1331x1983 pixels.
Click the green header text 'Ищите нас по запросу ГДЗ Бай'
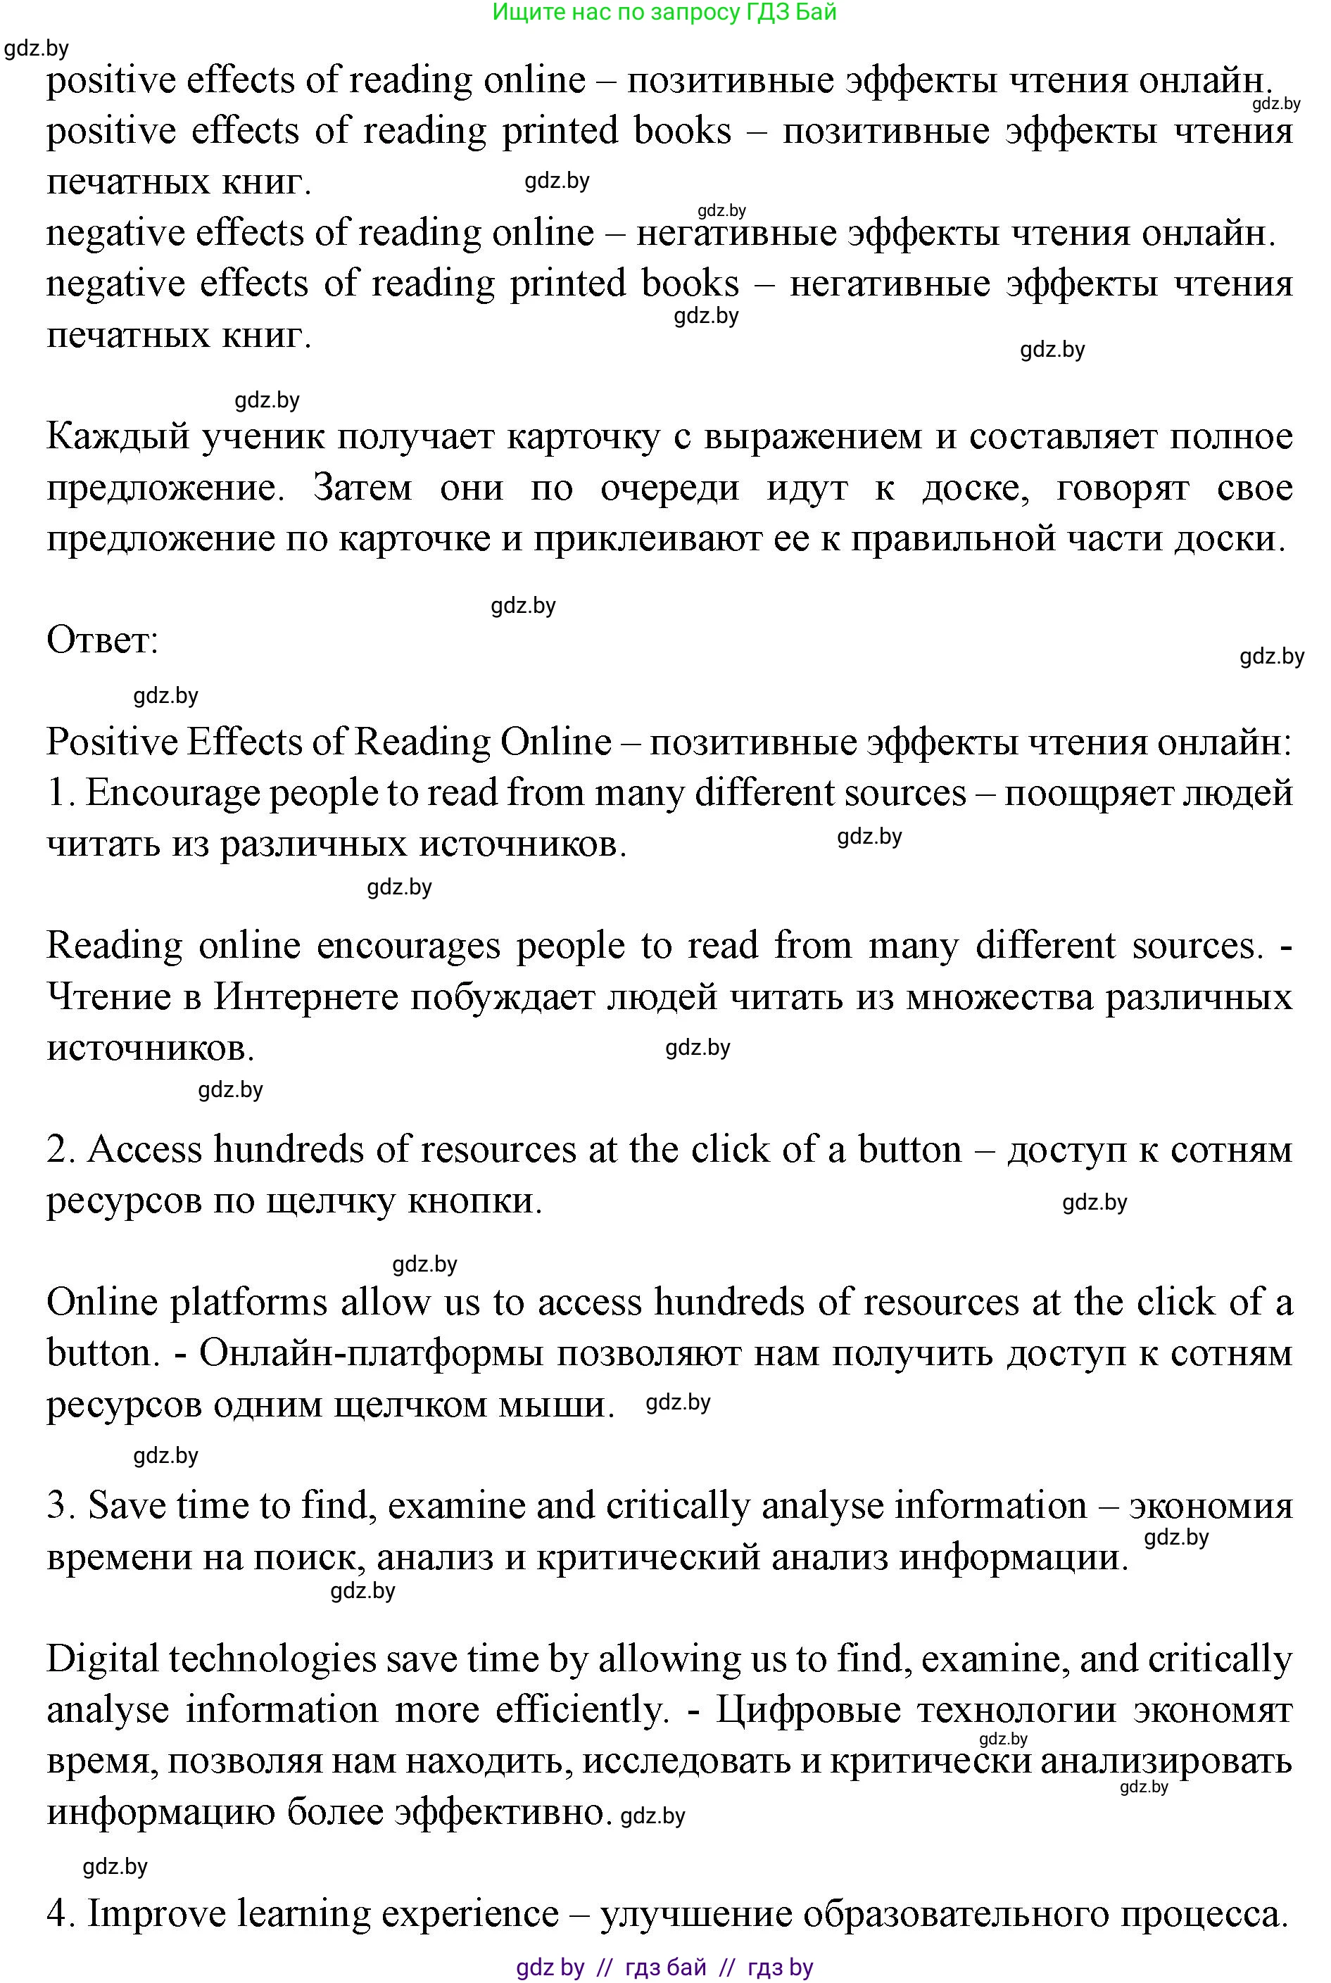pyautogui.click(x=664, y=12)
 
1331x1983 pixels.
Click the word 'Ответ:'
pyautogui.click(x=103, y=640)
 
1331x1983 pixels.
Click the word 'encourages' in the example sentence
pyautogui.click(x=408, y=946)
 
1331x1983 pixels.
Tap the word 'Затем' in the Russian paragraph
pyautogui.click(x=362, y=488)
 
